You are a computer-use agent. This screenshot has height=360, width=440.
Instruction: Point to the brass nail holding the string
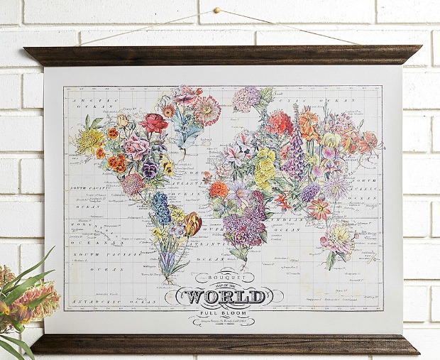(218, 11)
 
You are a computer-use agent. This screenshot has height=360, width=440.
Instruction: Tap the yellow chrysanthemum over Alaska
(90, 141)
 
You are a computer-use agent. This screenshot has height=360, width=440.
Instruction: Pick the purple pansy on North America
(149, 169)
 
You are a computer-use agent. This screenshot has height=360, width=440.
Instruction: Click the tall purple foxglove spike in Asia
(294, 158)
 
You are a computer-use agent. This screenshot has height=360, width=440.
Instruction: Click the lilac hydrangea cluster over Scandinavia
(247, 98)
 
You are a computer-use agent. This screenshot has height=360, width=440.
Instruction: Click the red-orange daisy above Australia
(319, 208)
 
